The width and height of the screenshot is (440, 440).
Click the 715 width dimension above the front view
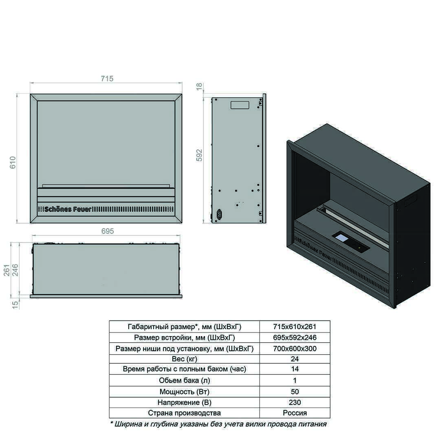[x=107, y=79]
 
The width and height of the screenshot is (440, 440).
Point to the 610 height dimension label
[x=13, y=163]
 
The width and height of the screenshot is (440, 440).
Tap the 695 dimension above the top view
[x=108, y=231]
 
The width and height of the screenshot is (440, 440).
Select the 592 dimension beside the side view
[x=199, y=155]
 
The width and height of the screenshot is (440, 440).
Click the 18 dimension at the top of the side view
[x=199, y=86]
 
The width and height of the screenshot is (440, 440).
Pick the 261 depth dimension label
[x=7, y=270]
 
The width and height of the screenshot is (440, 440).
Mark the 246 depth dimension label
[x=15, y=270]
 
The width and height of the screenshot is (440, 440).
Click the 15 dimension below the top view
[x=15, y=305]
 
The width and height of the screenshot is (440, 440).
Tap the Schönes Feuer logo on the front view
[x=68, y=209]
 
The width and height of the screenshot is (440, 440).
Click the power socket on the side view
[x=219, y=215]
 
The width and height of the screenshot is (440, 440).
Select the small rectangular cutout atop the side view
[x=240, y=105]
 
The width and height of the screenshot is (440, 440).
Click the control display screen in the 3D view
[x=342, y=238]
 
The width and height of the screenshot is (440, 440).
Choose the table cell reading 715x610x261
[x=295, y=327]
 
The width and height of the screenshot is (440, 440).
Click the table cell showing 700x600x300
[x=295, y=348]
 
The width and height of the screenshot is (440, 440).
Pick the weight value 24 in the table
[x=295, y=359]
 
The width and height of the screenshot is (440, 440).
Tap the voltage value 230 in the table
[x=295, y=403]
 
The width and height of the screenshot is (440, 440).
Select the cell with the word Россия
[x=295, y=413]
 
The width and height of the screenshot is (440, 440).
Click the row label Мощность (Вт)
[x=185, y=392]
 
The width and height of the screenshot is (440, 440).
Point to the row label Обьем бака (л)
[x=185, y=381]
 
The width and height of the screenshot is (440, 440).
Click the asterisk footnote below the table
[x=218, y=424]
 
